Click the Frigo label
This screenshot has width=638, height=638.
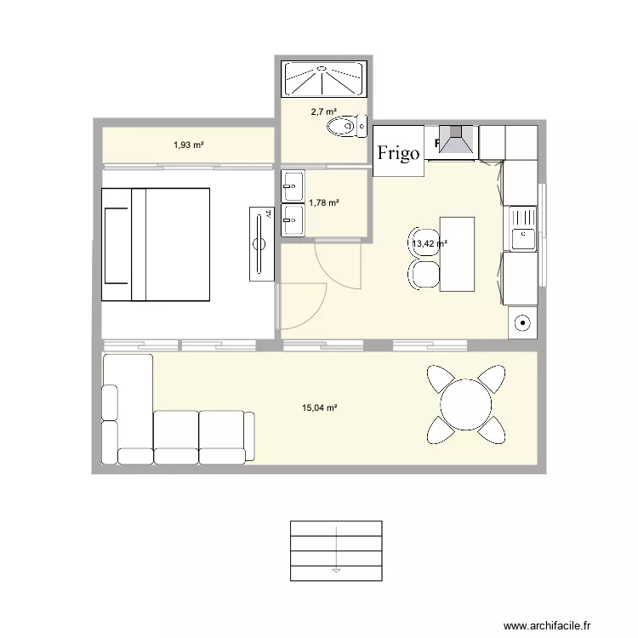398,152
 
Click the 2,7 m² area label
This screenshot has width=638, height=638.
323,111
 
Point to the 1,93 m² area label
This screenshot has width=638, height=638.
188,145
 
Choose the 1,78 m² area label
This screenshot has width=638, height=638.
324,202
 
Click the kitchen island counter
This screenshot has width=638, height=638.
457,253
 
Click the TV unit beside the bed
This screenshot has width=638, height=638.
261,242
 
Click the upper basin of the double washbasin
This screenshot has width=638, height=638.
292,182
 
